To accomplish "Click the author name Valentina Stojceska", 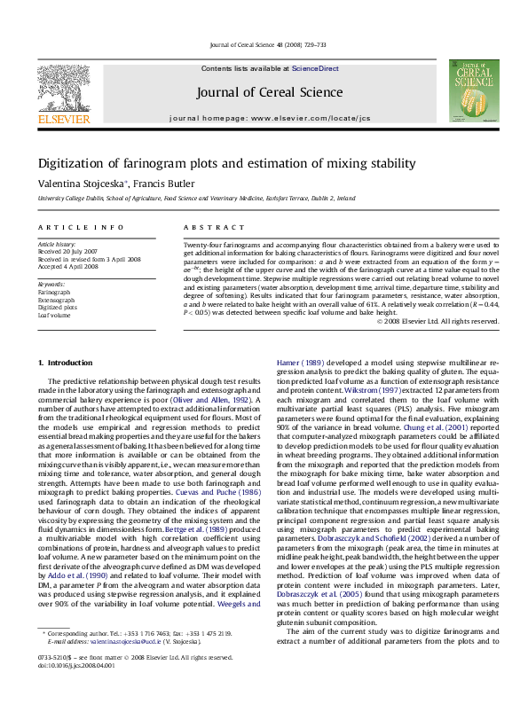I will coord(82,184).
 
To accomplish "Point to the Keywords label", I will coord(51,284).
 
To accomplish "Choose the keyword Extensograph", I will coord(56,299).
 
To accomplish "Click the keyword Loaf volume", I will coord(54,315).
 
